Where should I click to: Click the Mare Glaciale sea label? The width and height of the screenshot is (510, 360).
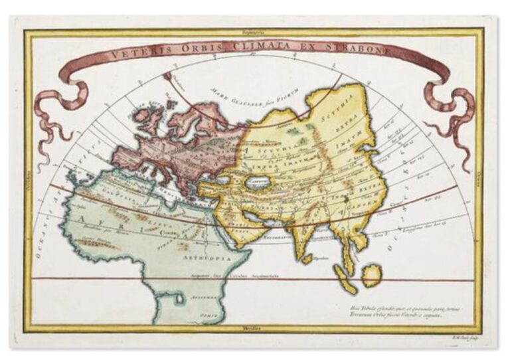253,90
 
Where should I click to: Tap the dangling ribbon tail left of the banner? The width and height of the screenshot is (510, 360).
50,116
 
